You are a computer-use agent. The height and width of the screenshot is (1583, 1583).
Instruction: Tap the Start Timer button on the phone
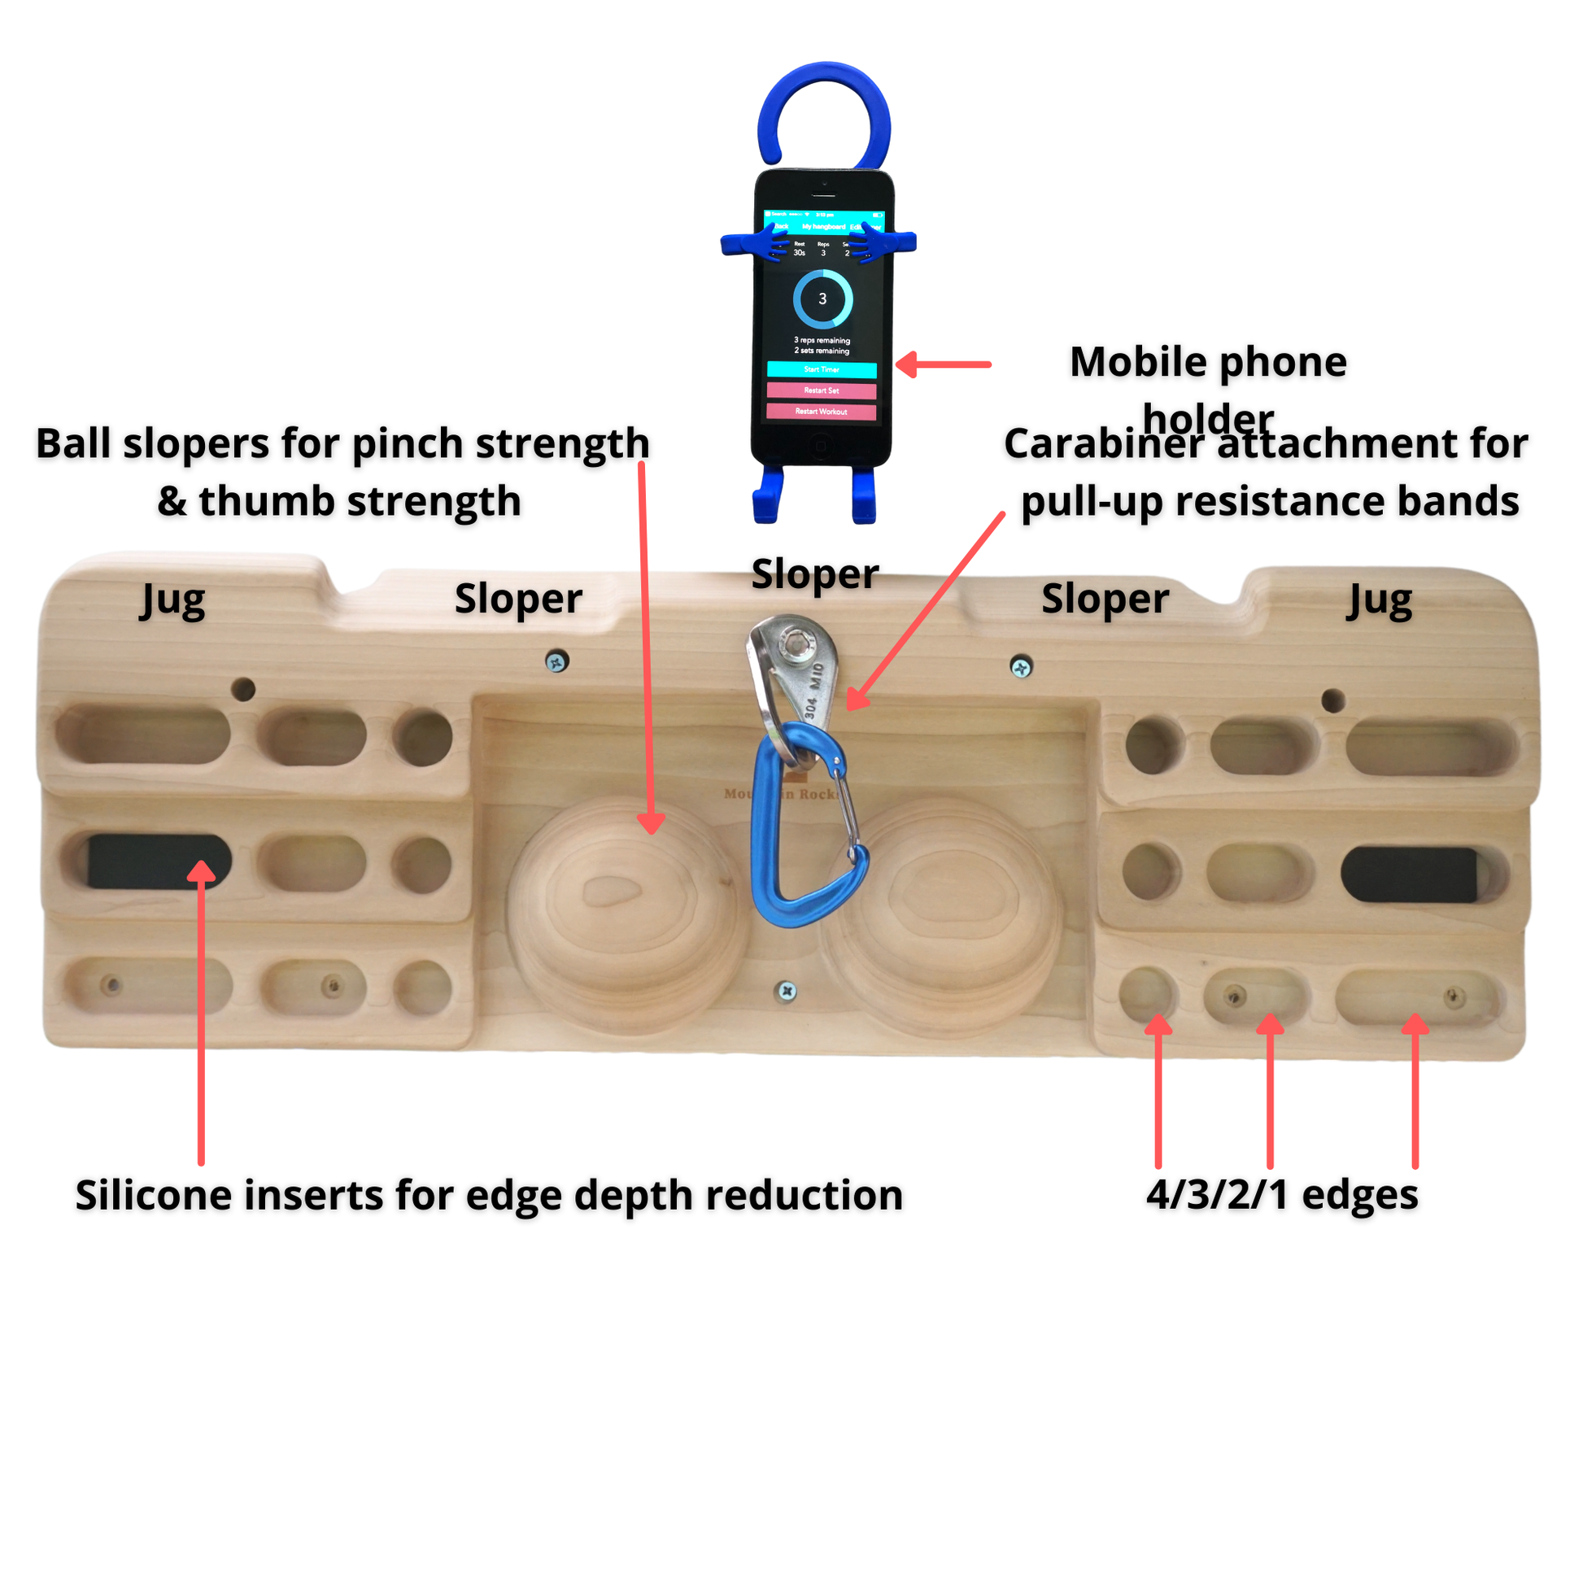click(821, 369)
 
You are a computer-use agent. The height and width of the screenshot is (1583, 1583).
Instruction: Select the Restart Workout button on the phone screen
click(821, 412)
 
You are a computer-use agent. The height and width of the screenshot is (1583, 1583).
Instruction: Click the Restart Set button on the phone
click(821, 390)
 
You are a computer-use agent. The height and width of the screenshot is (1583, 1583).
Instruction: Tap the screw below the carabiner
click(787, 992)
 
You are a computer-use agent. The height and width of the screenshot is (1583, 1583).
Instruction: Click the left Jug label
click(173, 600)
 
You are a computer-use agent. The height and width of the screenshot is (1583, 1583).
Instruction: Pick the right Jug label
click(1380, 600)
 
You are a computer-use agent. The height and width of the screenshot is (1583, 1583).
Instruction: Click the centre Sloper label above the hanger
click(814, 573)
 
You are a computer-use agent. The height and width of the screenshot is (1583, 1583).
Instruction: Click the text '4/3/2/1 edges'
click(1281, 1195)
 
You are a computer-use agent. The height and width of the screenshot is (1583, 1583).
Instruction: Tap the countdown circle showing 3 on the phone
click(822, 299)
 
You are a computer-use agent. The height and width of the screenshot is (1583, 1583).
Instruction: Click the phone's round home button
click(821, 445)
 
